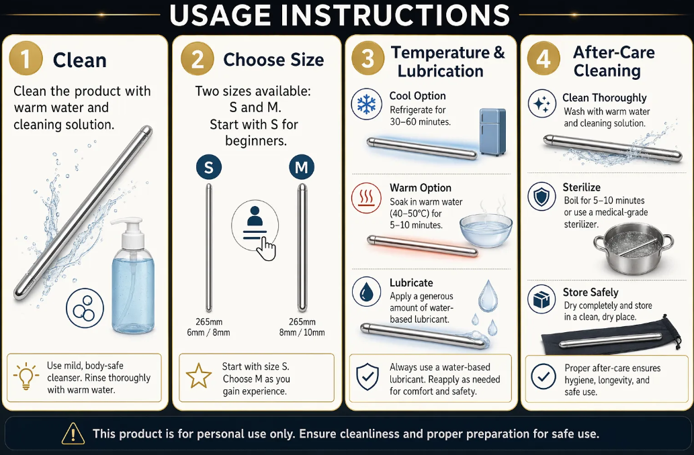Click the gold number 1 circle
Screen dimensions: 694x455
[x=26, y=59]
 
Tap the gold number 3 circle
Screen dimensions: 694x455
[x=367, y=58]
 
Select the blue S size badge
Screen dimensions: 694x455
[x=208, y=167]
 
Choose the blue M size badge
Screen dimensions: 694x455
[x=302, y=167]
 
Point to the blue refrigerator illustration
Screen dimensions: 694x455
[x=492, y=132]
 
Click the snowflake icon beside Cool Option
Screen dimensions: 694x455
[x=366, y=104]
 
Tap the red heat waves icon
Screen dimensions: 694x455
[x=366, y=198]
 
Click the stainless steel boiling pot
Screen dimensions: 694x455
[x=634, y=248]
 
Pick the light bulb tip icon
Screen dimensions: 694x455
[x=26, y=376]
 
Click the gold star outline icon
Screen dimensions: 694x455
[x=199, y=376]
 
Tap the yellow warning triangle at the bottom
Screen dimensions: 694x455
[x=73, y=434]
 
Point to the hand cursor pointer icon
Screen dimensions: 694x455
[x=267, y=248]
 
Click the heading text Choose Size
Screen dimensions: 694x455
[x=273, y=60]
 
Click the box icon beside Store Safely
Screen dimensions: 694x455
[x=541, y=299]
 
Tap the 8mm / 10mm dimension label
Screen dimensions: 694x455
[x=302, y=332]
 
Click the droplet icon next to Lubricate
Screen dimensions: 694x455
[x=366, y=292]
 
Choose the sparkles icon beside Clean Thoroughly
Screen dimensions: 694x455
[x=541, y=103]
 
